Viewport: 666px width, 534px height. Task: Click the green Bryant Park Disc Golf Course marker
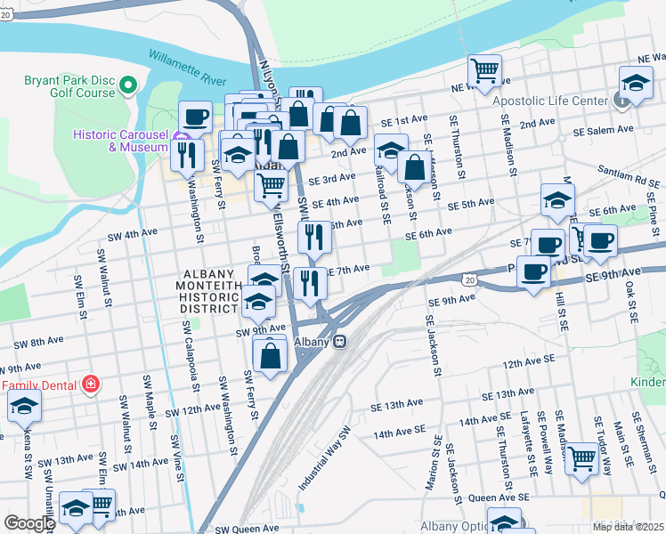point(127,85)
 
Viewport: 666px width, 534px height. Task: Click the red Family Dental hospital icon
point(89,384)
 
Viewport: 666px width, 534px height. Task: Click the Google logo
point(29,523)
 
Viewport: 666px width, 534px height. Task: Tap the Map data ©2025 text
point(628,527)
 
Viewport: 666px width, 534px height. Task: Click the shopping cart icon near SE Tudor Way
point(582,459)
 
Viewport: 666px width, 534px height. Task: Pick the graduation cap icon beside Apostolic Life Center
point(635,84)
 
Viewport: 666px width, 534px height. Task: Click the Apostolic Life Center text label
point(550,101)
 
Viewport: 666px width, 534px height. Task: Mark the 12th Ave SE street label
point(528,363)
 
